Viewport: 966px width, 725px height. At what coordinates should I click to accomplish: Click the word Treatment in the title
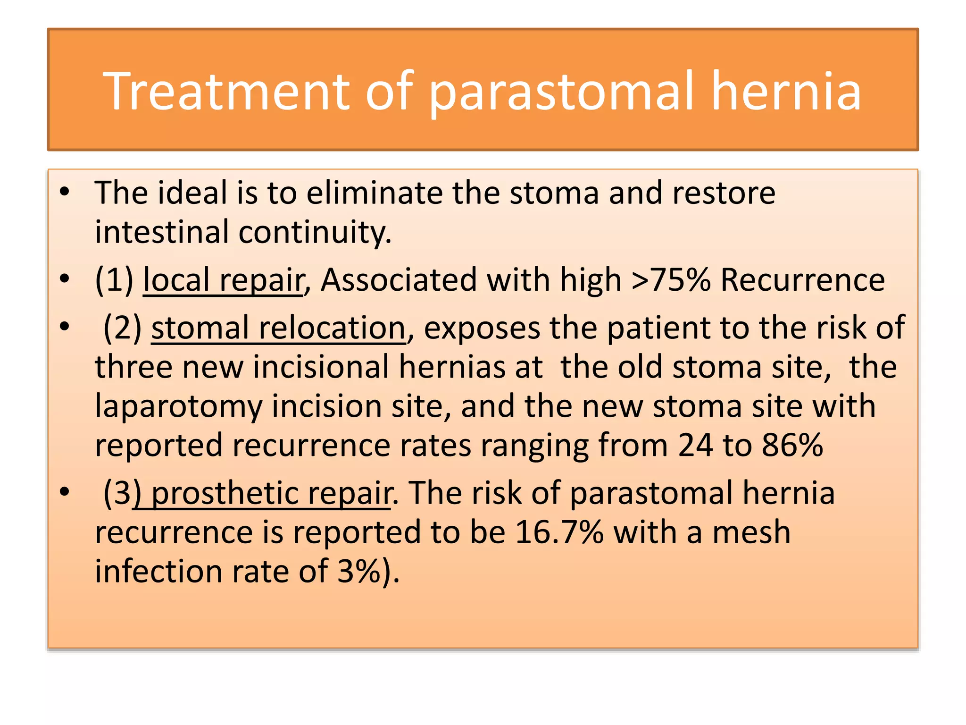pyautogui.click(x=226, y=91)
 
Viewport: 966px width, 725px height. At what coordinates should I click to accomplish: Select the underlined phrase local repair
pyautogui.click(x=224, y=280)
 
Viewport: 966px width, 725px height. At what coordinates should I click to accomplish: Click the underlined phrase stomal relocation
pyautogui.click(x=278, y=328)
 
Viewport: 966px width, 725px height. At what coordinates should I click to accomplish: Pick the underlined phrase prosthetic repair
pyautogui.click(x=271, y=493)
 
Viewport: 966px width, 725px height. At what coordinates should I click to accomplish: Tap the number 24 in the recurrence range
pyautogui.click(x=695, y=445)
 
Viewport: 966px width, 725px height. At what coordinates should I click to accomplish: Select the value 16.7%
pyautogui.click(x=559, y=532)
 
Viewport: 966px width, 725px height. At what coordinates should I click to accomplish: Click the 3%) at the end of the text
pyautogui.click(x=368, y=572)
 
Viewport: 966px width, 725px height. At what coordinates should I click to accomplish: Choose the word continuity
pyautogui.click(x=315, y=232)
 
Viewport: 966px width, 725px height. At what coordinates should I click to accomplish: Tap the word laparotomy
pyautogui.click(x=179, y=407)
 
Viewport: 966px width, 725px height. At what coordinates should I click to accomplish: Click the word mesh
pyautogui.click(x=751, y=532)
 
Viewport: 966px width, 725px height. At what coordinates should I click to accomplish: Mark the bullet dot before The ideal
pyautogui.click(x=65, y=192)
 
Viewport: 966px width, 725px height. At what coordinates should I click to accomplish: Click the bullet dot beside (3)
pyautogui.click(x=65, y=492)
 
